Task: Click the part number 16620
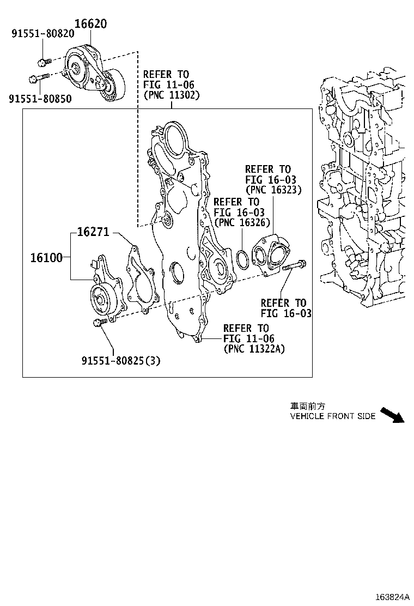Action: [x=90, y=23]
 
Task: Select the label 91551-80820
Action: [x=43, y=34]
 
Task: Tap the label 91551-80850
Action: [x=40, y=98]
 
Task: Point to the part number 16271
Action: [x=93, y=232]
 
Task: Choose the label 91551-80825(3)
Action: [x=121, y=360]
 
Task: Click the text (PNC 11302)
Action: [x=172, y=95]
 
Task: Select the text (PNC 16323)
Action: [x=273, y=190]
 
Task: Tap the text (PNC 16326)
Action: [x=242, y=222]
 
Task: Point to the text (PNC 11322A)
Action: [x=254, y=349]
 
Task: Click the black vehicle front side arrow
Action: [x=392, y=415]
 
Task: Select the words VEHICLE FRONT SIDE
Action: [x=333, y=416]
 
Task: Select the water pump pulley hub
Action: [x=100, y=298]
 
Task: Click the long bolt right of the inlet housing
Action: [x=294, y=267]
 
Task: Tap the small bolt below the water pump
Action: [x=99, y=324]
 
